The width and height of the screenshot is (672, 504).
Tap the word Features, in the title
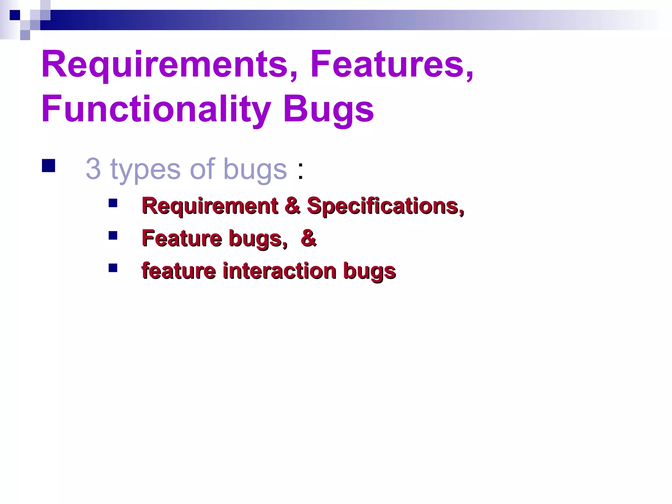click(x=392, y=64)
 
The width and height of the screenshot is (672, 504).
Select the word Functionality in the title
click(x=156, y=110)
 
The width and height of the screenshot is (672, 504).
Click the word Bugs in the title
click(x=328, y=110)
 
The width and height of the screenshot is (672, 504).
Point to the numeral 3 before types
click(x=93, y=169)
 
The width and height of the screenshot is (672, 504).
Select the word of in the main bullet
click(x=202, y=169)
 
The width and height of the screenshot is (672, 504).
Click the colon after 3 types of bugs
click(x=300, y=171)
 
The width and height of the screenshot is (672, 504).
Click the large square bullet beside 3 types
click(x=49, y=166)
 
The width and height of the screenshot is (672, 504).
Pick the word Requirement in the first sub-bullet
click(x=210, y=206)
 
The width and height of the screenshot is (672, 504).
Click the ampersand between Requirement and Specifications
click(x=292, y=206)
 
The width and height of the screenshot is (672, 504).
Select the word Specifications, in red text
click(x=385, y=206)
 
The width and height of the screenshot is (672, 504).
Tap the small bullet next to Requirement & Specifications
click(x=113, y=203)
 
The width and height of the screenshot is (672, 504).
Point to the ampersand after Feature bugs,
click(x=308, y=238)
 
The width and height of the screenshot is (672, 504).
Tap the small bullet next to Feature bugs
click(x=113, y=236)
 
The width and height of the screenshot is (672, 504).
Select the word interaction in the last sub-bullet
click(x=280, y=271)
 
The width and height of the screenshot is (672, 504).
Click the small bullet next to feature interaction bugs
click(x=113, y=268)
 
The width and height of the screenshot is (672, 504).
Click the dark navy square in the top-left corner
click(x=15, y=15)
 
